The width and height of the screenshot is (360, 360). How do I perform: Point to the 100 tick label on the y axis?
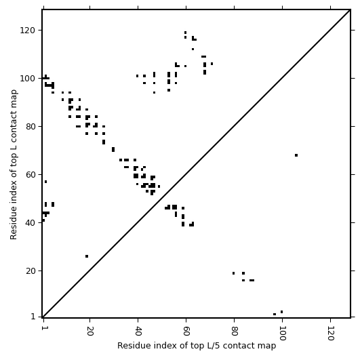(28, 79)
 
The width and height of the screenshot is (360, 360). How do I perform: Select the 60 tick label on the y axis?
(31, 175)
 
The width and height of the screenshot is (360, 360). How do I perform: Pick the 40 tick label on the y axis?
(31, 223)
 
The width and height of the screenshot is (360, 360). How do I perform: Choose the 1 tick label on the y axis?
(33, 317)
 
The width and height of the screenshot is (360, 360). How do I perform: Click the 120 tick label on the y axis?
(28, 31)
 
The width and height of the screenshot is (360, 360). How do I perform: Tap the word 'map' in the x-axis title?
(268, 346)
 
